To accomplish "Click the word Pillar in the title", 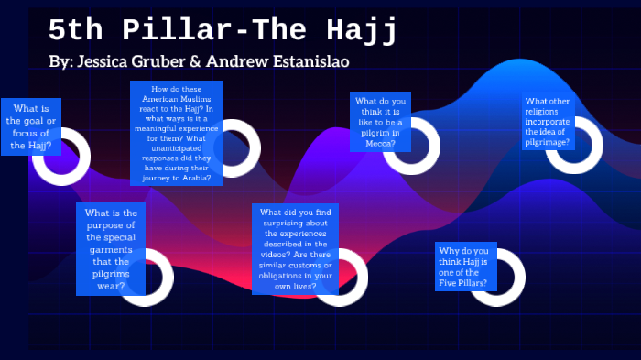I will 187,30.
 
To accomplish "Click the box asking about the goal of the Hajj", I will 31,126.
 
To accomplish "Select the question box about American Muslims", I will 177,133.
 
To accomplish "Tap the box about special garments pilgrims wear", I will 111,249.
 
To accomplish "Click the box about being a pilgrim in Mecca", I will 380,122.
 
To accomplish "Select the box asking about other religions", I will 549,122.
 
